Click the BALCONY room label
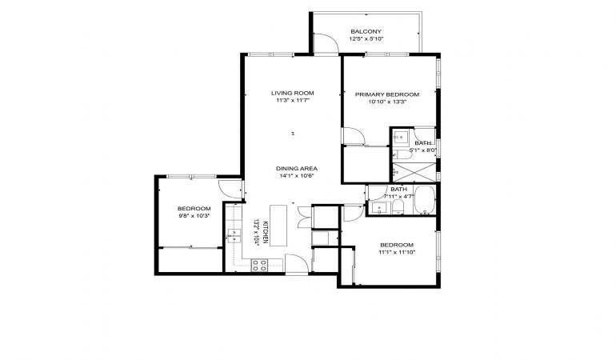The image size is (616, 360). pyautogui.click(x=366, y=31)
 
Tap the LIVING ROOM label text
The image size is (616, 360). pyautogui.click(x=292, y=93)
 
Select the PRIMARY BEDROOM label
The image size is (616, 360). pyautogui.click(x=387, y=94)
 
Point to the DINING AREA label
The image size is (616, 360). pyautogui.click(x=296, y=169)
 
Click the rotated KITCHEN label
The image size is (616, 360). pyautogui.click(x=265, y=232)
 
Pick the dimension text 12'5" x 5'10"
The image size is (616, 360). pyautogui.click(x=366, y=39)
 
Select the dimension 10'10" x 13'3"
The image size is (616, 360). pyautogui.click(x=387, y=102)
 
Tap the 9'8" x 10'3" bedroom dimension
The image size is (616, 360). pyautogui.click(x=194, y=216)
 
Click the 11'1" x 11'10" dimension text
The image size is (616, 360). pyautogui.click(x=397, y=252)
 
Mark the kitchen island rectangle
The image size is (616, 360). pyautogui.click(x=278, y=226)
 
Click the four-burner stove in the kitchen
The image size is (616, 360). pyautogui.click(x=259, y=266)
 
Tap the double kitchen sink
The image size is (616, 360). pyautogui.click(x=234, y=237)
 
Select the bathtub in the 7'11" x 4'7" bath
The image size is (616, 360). pyautogui.click(x=425, y=200)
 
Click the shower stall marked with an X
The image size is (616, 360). pyautogui.click(x=414, y=172)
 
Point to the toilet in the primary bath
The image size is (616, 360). pyautogui.click(x=402, y=154)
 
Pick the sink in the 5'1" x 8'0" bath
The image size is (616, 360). pyautogui.click(x=401, y=137)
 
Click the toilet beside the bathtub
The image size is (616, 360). pyautogui.click(x=398, y=206)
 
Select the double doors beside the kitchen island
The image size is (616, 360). pyautogui.click(x=305, y=217)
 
